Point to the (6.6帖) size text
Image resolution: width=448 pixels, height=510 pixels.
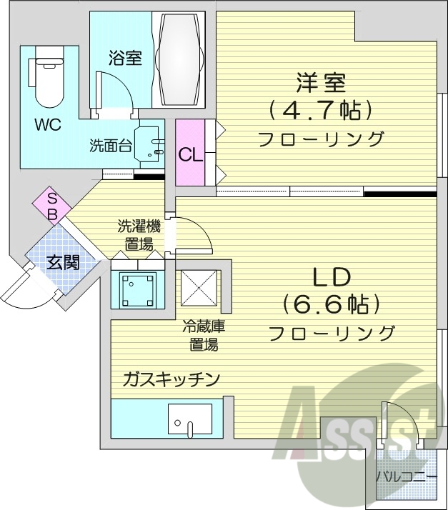pyautogui.click(x=329, y=305)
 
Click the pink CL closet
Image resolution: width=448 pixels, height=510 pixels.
pyautogui.click(x=190, y=153)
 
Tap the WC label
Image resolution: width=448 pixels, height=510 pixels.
pyautogui.click(x=48, y=124)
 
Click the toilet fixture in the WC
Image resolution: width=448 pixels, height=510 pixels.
pyautogui.click(x=48, y=76)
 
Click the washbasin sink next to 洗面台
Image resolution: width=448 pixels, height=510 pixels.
pyautogui.click(x=151, y=143)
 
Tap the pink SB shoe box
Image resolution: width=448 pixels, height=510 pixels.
pyautogui.click(x=52, y=206)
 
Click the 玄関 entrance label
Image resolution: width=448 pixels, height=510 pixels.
pyautogui.click(x=62, y=262)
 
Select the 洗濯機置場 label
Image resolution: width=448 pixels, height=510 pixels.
pyautogui.click(x=139, y=236)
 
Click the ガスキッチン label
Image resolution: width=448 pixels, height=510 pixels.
pyautogui.click(x=169, y=379)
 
